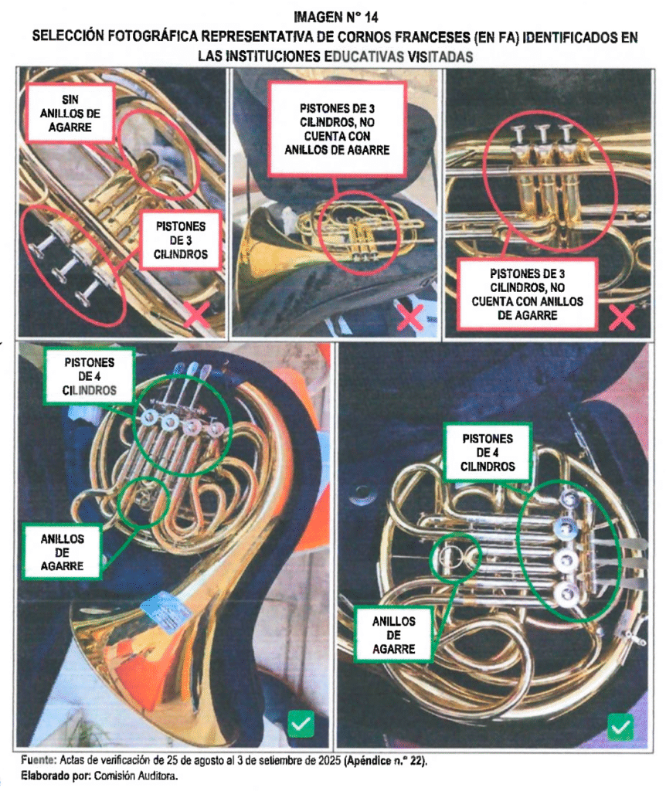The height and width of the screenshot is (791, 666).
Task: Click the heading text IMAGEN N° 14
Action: [x=335, y=17]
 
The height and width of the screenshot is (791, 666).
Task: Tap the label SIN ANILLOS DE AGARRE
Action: [x=70, y=113]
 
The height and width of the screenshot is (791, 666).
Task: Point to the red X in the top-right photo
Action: [x=622, y=317]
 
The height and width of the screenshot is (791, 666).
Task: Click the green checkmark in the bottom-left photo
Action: [x=301, y=724]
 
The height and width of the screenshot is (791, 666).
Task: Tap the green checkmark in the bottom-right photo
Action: [x=620, y=727]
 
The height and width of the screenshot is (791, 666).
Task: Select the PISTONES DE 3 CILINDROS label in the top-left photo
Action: [x=181, y=240]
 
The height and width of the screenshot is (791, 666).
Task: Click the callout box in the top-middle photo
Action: [x=337, y=129]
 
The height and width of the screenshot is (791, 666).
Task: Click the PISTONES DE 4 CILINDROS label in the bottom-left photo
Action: [x=90, y=376]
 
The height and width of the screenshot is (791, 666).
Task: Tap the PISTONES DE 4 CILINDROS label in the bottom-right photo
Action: [x=488, y=452]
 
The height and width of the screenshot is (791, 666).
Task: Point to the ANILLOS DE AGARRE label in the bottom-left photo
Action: [x=62, y=552]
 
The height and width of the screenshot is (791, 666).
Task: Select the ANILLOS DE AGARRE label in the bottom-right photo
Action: [x=393, y=635]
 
